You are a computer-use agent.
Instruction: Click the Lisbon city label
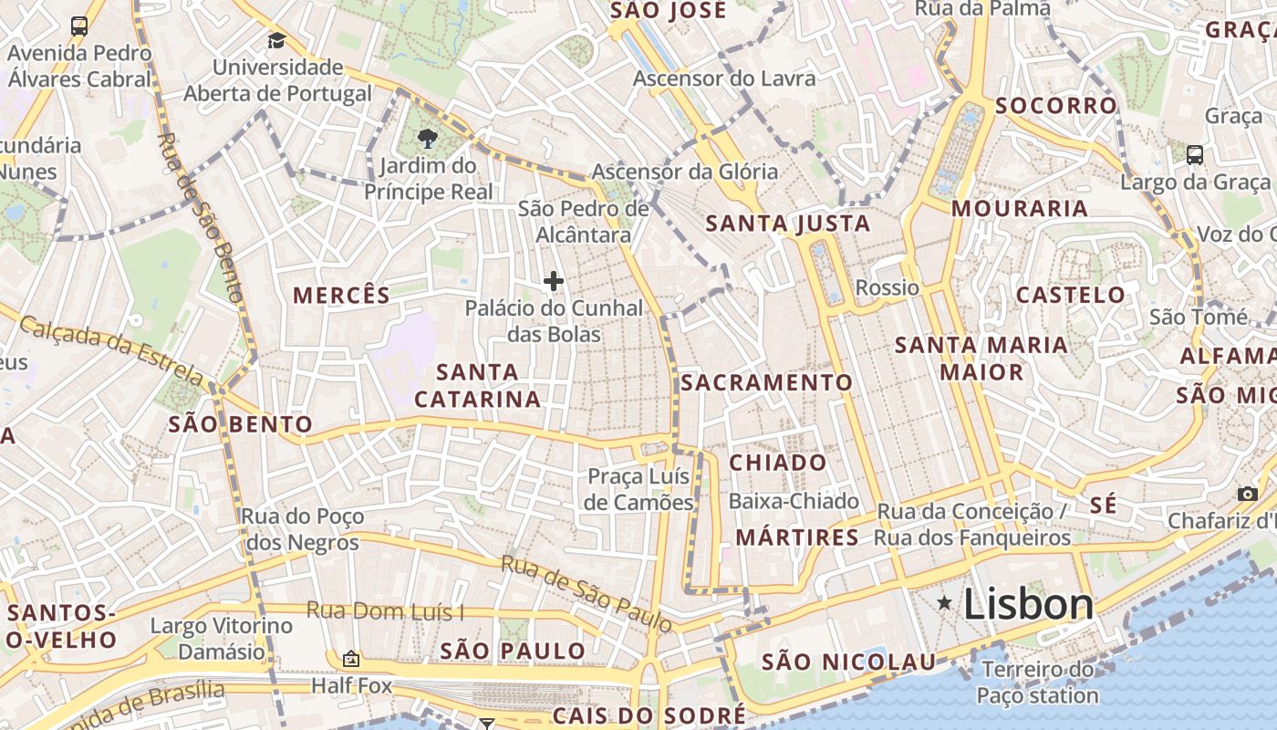click(x=1028, y=605)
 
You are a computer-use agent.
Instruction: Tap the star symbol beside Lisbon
click(x=944, y=602)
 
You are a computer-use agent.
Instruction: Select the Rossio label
click(x=887, y=288)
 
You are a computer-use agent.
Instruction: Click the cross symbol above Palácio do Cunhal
click(x=553, y=281)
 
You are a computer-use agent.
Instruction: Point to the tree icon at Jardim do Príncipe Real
click(x=426, y=139)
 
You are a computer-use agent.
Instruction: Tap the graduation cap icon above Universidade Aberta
click(x=276, y=41)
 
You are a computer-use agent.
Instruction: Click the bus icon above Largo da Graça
click(x=1195, y=154)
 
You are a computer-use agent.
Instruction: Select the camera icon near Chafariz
click(x=1247, y=494)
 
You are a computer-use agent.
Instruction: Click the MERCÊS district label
click(x=341, y=296)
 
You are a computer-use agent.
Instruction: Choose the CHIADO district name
click(x=778, y=463)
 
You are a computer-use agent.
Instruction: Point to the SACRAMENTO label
click(x=767, y=383)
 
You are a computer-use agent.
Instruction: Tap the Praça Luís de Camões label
click(x=638, y=490)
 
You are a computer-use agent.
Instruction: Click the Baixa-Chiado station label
click(x=794, y=501)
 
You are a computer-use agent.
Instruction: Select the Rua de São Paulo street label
click(x=587, y=592)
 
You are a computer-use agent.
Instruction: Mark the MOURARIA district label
click(x=1020, y=209)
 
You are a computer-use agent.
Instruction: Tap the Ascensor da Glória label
click(x=685, y=172)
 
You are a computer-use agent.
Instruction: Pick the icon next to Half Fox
click(x=351, y=659)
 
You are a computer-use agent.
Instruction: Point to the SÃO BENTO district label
click(x=241, y=424)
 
